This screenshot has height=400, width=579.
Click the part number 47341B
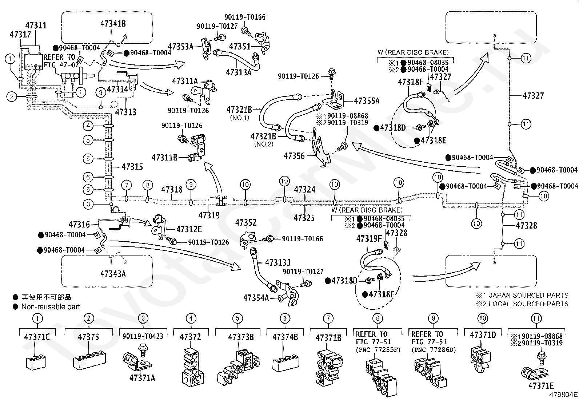(x=113, y=24)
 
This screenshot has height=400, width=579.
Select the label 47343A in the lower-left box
(x=113, y=273)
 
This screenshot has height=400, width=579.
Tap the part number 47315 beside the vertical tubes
(x=132, y=167)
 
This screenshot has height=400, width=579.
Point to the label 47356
(x=294, y=156)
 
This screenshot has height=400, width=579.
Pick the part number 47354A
(x=256, y=298)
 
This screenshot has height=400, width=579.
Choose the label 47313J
(x=278, y=263)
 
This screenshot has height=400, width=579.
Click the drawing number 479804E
(x=563, y=395)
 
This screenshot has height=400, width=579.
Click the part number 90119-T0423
(x=143, y=336)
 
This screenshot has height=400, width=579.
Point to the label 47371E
(x=541, y=386)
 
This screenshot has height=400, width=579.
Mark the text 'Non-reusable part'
(x=51, y=306)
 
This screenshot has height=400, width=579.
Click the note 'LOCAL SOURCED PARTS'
(x=528, y=304)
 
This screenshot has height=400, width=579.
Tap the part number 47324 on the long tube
(x=305, y=189)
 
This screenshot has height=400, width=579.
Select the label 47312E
(x=189, y=229)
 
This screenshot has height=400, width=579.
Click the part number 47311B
(x=165, y=157)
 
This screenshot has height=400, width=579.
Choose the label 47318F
(x=411, y=82)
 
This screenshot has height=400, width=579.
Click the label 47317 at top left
(x=20, y=35)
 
